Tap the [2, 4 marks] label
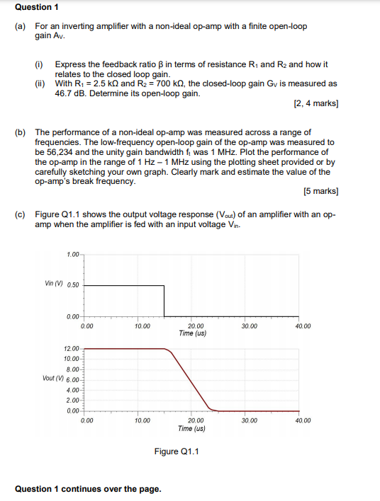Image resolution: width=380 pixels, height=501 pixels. pyautogui.click(x=315, y=103)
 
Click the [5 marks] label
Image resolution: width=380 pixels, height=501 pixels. pyautogui.click(x=320, y=191)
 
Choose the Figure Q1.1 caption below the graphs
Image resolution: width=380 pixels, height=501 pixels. pyautogui.click(x=177, y=451)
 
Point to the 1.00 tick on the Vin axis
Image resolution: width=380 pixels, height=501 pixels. pyautogui.click(x=73, y=255)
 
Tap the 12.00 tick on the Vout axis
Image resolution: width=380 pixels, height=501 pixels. pyautogui.click(x=72, y=349)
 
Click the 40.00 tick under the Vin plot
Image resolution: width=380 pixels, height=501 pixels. pyautogui.click(x=302, y=326)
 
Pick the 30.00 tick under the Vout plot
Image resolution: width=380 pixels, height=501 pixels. pyautogui.click(x=249, y=420)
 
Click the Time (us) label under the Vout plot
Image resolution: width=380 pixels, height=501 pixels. pyautogui.click(x=192, y=428)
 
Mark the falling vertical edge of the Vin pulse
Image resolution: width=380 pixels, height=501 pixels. pyautogui.click(x=165, y=301)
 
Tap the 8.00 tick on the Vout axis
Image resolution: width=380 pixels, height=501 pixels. pyautogui.click(x=73, y=369)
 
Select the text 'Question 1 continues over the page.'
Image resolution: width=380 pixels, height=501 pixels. pyautogui.click(x=88, y=489)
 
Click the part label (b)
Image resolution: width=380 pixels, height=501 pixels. pyautogui.click(x=21, y=132)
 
